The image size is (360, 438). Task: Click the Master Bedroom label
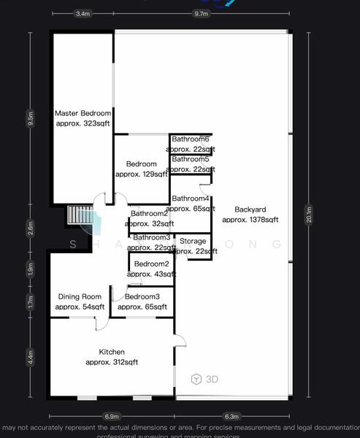point(83,113)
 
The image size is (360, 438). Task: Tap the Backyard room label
point(250,210)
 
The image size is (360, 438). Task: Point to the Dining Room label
point(80,296)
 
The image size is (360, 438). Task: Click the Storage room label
point(193,241)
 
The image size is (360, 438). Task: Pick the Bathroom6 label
point(191,139)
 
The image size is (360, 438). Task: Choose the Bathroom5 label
point(191,159)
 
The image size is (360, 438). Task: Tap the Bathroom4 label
point(191,199)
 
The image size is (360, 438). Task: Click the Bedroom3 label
point(142,296)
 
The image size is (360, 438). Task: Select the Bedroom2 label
point(151,264)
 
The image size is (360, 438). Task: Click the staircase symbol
point(77,216)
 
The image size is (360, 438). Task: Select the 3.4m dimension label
point(83,13)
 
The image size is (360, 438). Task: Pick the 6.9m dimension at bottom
point(112,416)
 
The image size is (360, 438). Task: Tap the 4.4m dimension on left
point(31,357)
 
